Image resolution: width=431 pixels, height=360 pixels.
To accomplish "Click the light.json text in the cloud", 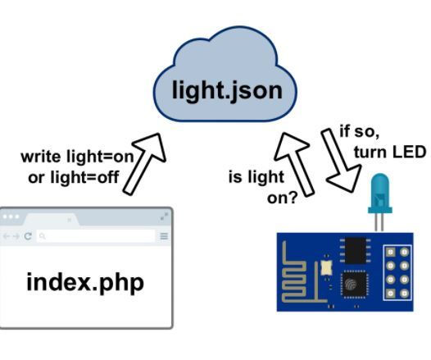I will pyautogui.click(x=225, y=89).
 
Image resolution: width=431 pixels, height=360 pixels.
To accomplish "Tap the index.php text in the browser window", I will pyautogui.click(x=85, y=283).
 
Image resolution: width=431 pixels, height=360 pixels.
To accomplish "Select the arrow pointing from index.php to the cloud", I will pyautogui.click(x=143, y=164).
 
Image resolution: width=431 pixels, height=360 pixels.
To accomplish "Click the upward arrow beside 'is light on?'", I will pyautogui.click(x=291, y=164).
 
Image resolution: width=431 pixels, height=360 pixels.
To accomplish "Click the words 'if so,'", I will pyautogui.click(x=360, y=131).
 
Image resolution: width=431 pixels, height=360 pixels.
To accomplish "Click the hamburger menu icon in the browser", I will pyautogui.click(x=164, y=236).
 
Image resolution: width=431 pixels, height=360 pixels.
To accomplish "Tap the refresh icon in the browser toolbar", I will pyautogui.click(x=28, y=236).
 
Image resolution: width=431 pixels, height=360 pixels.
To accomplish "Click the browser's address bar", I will pyautogui.click(x=95, y=236).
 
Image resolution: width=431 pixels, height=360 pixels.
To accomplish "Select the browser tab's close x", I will pyautogui.click(x=70, y=220).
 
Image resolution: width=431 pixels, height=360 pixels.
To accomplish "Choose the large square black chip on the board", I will pyautogui.click(x=355, y=283).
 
